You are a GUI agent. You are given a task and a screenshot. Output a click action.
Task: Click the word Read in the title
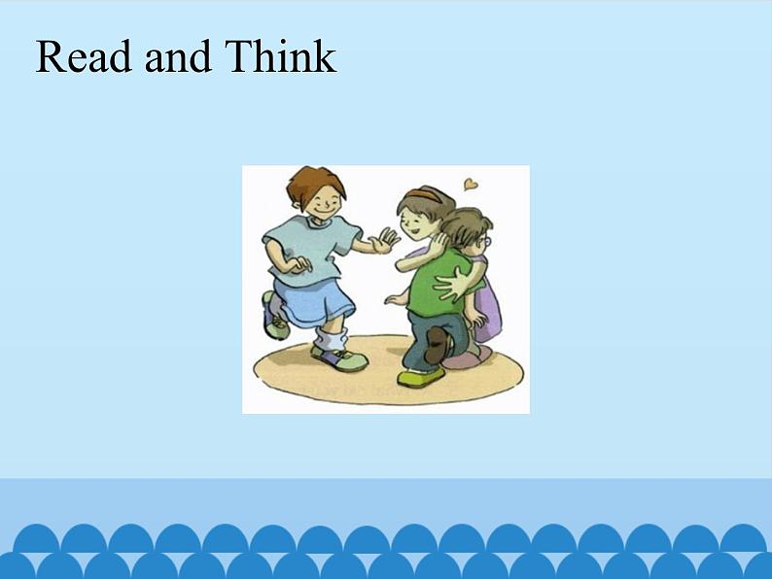[x=84, y=56]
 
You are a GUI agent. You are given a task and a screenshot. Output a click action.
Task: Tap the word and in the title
[x=178, y=56]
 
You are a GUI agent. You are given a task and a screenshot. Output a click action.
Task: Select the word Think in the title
[x=280, y=56]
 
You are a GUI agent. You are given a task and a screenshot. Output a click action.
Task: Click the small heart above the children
[x=471, y=185]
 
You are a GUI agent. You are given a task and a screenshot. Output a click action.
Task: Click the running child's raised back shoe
[x=274, y=316]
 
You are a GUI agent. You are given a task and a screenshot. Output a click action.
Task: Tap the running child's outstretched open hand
[x=385, y=240]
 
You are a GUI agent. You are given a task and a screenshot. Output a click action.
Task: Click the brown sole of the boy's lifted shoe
[x=436, y=345]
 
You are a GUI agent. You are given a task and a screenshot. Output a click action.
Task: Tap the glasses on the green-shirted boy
[x=486, y=242]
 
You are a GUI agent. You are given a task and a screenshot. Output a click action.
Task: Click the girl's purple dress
[x=488, y=305]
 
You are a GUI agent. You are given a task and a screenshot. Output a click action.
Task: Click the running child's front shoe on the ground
[x=339, y=358]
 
